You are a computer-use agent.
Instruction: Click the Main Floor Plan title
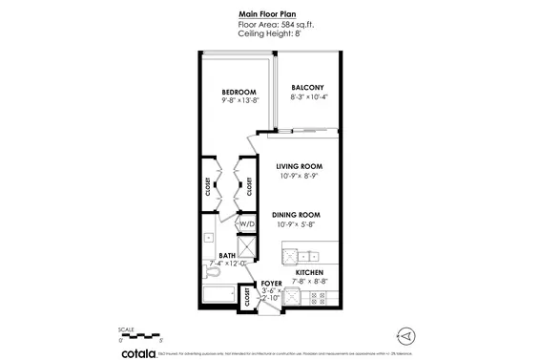270,15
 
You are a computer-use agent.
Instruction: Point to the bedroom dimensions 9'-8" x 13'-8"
227,99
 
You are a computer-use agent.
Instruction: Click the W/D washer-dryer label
246,223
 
